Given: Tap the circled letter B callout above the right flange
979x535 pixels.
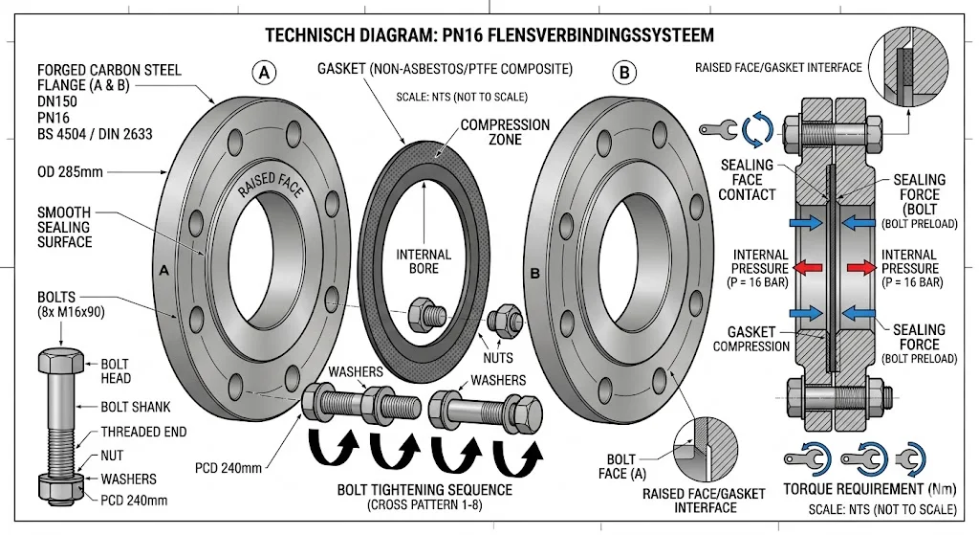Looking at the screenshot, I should pyautogui.click(x=625, y=72).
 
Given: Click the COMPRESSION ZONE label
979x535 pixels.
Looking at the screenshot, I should pyautogui.click(x=506, y=132).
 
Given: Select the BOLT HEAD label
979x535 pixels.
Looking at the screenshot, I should pyautogui.click(x=116, y=371).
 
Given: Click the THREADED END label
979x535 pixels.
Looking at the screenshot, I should pyautogui.click(x=144, y=432).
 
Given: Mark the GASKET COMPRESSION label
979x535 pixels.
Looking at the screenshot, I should pyautogui.click(x=752, y=338).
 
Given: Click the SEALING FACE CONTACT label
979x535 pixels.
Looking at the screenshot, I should pyautogui.click(x=748, y=180).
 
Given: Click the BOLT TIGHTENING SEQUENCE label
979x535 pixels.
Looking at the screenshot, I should pyautogui.click(x=424, y=490).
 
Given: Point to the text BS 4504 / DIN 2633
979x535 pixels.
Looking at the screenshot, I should pyautogui.click(x=95, y=134).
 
